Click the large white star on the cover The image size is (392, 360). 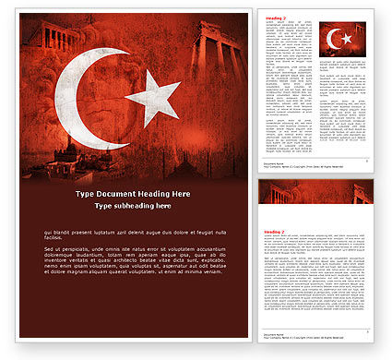(x=153, y=96)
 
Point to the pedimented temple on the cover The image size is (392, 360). (x=51, y=36)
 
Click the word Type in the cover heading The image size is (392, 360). (x=85, y=194)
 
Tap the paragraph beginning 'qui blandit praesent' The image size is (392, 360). (x=133, y=236)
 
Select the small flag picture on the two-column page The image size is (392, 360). (x=342, y=40)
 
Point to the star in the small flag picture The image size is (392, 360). (x=348, y=39)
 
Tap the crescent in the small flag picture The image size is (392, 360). (x=334, y=39)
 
